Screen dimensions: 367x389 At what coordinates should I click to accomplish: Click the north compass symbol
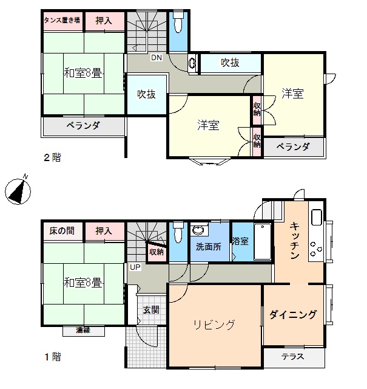tap(18, 190)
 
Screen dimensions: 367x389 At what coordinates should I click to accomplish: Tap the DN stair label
tap(157, 58)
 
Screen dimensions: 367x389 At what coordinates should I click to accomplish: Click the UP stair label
tap(135, 267)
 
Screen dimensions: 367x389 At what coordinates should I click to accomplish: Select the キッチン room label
tap(295, 241)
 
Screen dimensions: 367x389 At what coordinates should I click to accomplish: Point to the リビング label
tap(214, 325)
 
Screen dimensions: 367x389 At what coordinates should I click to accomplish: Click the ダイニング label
tap(293, 314)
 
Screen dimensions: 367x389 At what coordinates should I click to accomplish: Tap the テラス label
tap(293, 357)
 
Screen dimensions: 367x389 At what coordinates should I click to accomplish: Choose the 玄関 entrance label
tap(151, 309)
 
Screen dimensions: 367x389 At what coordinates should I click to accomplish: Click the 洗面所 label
tap(209, 247)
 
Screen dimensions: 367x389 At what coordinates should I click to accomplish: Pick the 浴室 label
tap(240, 241)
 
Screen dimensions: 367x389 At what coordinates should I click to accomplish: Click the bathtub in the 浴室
tap(263, 242)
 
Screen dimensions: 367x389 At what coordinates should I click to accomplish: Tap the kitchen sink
tap(317, 218)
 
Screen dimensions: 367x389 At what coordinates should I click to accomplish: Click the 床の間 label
tap(62, 231)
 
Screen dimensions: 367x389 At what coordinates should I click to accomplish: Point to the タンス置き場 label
tap(62, 20)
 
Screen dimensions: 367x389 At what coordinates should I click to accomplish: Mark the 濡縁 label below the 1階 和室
tap(83, 330)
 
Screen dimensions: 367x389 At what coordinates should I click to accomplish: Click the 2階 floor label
tap(53, 157)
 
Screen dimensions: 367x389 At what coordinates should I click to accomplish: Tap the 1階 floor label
tap(53, 357)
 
